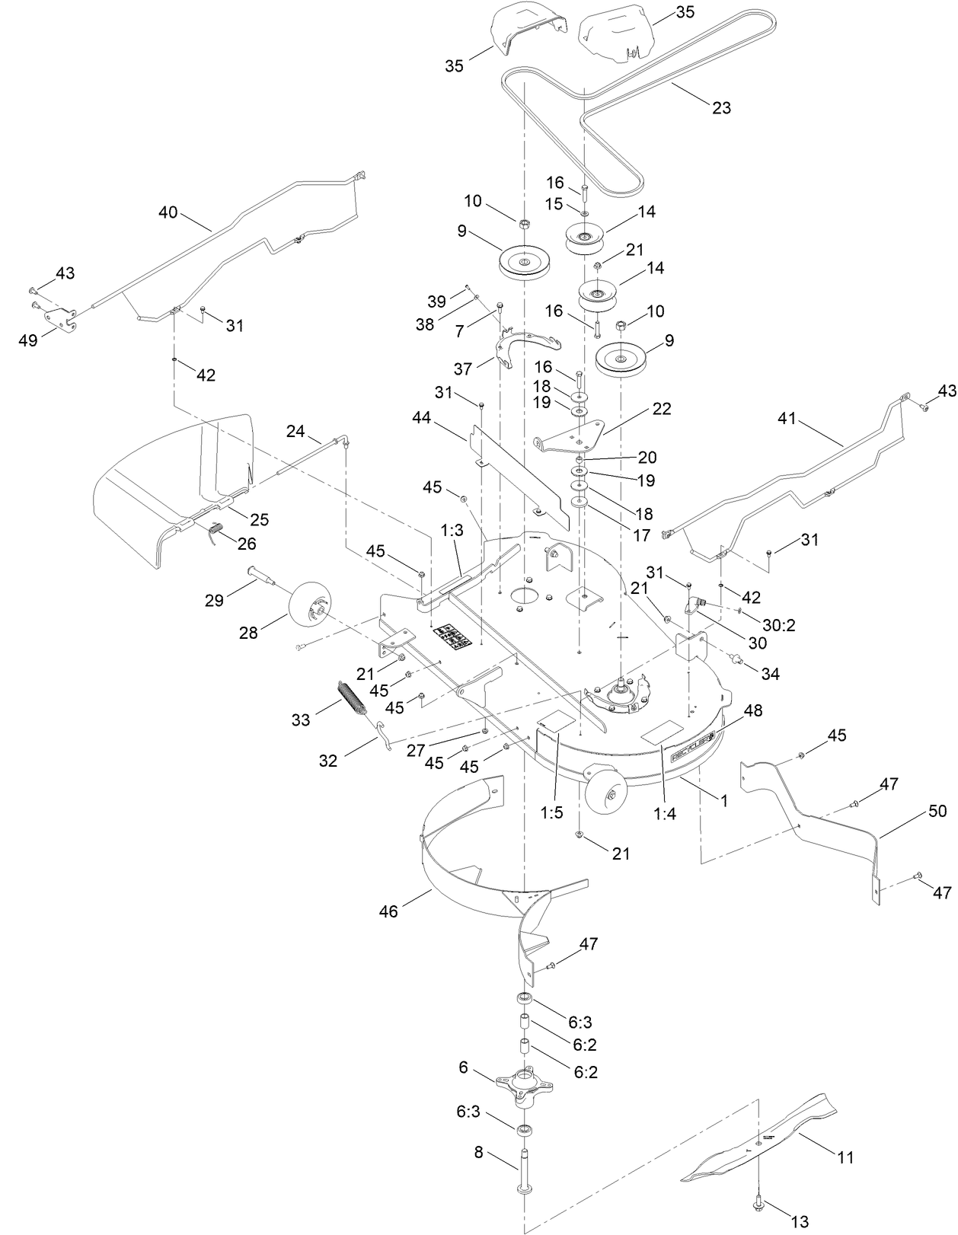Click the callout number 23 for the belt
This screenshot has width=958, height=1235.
pyautogui.click(x=721, y=107)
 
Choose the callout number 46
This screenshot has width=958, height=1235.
pyautogui.click(x=388, y=911)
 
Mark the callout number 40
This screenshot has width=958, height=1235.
pyautogui.click(x=168, y=212)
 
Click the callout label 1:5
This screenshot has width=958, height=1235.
pyautogui.click(x=551, y=812)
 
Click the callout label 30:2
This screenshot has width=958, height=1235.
pyautogui.click(x=779, y=625)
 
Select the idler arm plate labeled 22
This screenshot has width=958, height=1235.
pyautogui.click(x=571, y=436)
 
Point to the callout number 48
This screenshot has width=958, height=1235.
pyautogui.click(x=753, y=710)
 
